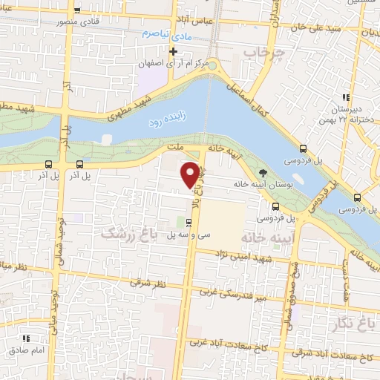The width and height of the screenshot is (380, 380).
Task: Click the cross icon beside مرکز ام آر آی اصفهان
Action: (174, 51)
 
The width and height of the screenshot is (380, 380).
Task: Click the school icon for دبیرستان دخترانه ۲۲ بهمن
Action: (344, 97)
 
